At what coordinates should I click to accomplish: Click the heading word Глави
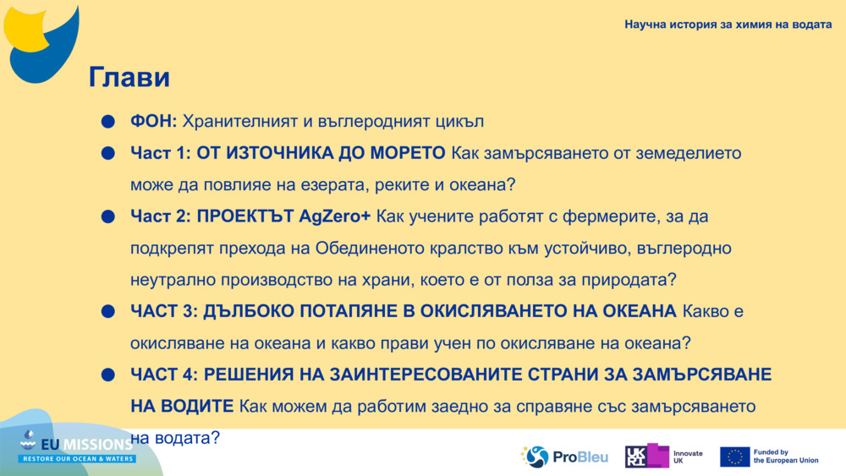pos(129,78)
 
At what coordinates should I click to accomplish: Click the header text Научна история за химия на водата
pos(728,25)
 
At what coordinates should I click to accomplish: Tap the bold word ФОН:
pos(153,122)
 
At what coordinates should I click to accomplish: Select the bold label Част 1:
pos(161,154)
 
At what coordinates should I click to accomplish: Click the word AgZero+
pos(335,217)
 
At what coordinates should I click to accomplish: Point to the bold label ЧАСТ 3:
pos(164,311)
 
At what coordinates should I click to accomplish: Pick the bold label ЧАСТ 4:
pos(164,374)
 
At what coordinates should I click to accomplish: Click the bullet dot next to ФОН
pos(107,123)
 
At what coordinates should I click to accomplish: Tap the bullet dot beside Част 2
pos(107,217)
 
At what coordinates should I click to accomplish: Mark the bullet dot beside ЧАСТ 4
pos(107,375)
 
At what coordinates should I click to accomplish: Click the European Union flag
pos(734,457)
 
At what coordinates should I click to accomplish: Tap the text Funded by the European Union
pos(786,457)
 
